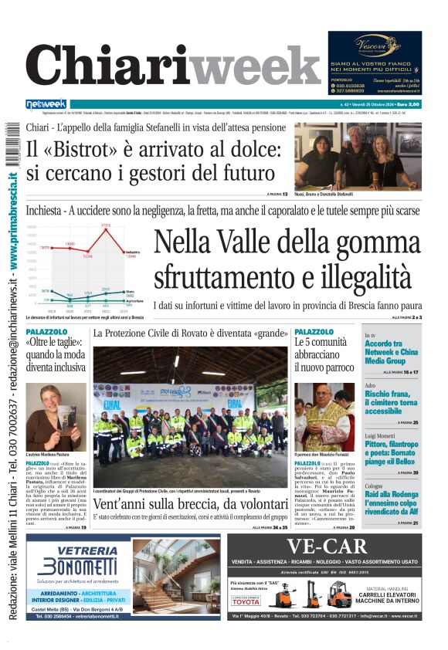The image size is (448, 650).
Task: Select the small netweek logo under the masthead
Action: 46,103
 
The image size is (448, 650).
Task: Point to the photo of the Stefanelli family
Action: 357,156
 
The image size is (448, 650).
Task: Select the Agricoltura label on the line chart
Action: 134,301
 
